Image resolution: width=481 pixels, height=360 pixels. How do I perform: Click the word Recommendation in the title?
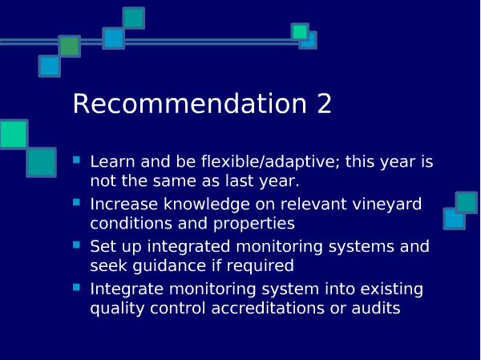pos(189,103)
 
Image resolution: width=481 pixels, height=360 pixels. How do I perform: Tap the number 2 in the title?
pos(324,103)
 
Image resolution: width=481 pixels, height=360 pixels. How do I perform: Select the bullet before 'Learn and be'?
pos(76,160)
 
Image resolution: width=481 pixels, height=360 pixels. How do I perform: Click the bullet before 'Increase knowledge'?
pos(76,202)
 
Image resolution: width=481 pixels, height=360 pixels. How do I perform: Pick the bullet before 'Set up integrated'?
pos(76,245)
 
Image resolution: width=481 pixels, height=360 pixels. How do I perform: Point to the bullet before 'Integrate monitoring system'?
pos(76,287)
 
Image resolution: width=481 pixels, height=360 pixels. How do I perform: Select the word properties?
pos(254,224)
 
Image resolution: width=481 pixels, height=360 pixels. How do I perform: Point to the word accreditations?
pos(268,308)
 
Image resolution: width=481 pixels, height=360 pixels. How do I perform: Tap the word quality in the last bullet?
pos(117,309)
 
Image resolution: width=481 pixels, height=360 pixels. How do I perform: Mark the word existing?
pos(392,289)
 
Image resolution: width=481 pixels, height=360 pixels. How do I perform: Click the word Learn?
pos(112,162)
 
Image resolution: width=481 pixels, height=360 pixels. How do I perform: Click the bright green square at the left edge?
pos(13,134)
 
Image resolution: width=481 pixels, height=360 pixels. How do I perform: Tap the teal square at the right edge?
pos(467,203)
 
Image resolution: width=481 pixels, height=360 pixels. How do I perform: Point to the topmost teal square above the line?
pos(134,18)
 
